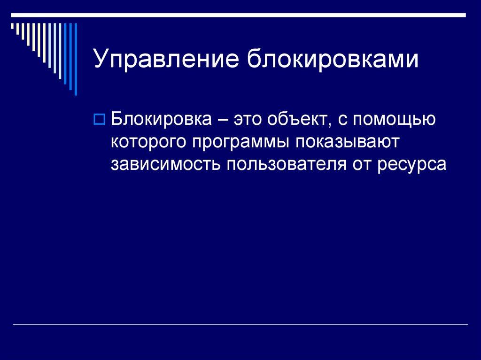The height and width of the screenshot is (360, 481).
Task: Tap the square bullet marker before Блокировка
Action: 99,119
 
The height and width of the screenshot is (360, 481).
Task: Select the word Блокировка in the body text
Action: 161,119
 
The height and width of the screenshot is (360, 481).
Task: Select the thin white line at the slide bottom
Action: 240,325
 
